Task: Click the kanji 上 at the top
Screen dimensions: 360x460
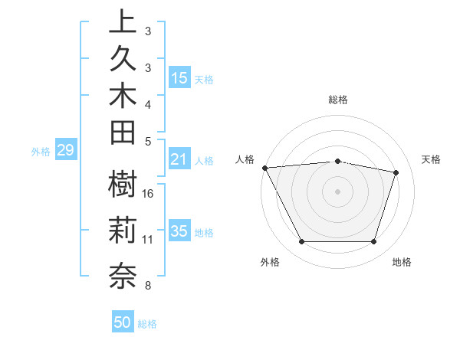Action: pos(123,21)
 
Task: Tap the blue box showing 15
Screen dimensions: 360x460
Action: pos(179,77)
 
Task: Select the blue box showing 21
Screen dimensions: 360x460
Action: pos(179,159)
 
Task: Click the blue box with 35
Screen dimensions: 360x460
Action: pos(179,231)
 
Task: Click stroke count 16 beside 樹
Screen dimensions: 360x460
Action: pos(148,193)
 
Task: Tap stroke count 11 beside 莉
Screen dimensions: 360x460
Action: pos(148,240)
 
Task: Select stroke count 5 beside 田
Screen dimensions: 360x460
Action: pos(148,141)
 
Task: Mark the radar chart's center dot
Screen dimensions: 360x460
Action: pos(337,191)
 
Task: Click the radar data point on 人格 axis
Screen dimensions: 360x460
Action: pos(264,167)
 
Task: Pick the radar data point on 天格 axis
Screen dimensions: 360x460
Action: pos(396,172)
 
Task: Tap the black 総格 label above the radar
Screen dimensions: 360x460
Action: pos(337,100)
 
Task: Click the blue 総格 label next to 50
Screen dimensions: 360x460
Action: pos(147,323)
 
